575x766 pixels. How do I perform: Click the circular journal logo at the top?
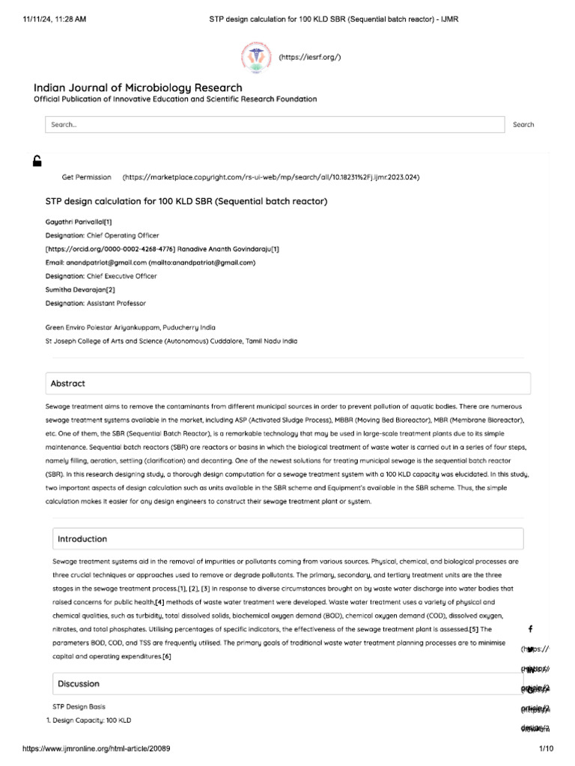(255, 57)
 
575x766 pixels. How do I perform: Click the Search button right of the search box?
(523, 124)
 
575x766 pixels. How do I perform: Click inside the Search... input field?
(274, 125)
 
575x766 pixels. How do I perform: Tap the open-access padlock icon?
(37, 160)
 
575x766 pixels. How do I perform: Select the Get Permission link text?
(85, 177)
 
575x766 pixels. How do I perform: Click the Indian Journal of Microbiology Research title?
(139, 88)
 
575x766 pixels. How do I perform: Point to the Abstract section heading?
(68, 383)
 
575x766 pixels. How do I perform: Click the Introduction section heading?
(82, 539)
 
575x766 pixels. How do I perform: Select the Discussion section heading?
(78, 684)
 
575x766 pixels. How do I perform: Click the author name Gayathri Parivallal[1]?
(79, 222)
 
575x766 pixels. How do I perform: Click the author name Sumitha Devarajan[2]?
(80, 289)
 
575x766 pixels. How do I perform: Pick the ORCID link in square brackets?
(111, 249)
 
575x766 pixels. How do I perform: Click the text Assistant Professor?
(118, 303)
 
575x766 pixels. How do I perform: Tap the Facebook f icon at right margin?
(531, 628)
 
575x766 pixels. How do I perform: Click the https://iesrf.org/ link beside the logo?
(310, 57)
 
